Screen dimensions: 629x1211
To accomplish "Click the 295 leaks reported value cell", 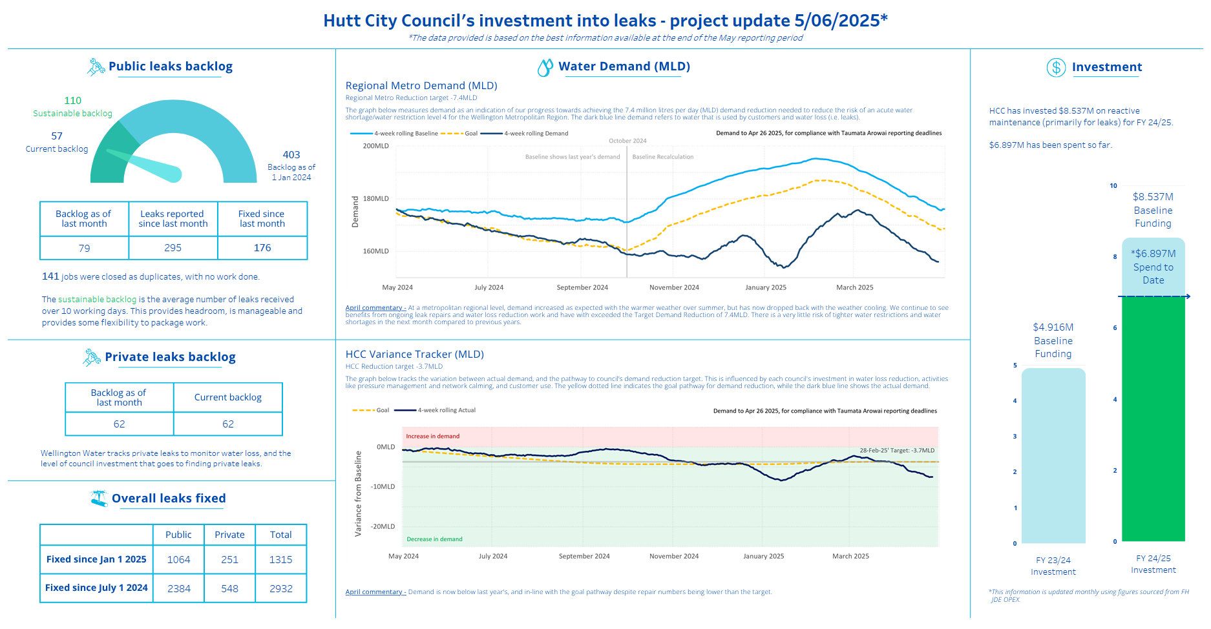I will pyautogui.click(x=173, y=248).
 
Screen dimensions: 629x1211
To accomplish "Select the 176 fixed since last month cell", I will pyautogui.click(x=262, y=248).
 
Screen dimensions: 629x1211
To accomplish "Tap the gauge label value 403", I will pyautogui.click(x=291, y=155).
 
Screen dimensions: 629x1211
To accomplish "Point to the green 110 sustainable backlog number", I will pyautogui.click(x=73, y=101).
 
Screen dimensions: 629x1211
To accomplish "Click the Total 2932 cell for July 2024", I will pyautogui.click(x=281, y=589).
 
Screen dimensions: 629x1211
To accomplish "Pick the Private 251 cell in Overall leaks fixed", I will pyautogui.click(x=229, y=560).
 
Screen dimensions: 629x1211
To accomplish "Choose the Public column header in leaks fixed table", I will pyautogui.click(x=178, y=535).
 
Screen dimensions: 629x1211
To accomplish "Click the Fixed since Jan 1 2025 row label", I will pyautogui.click(x=96, y=559).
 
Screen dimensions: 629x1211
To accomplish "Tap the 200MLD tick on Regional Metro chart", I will pyautogui.click(x=375, y=146).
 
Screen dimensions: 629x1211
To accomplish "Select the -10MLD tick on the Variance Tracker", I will pyautogui.click(x=383, y=487).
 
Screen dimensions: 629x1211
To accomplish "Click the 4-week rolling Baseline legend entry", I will pyautogui.click(x=394, y=134).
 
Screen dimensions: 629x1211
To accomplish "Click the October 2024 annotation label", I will pyautogui.click(x=627, y=141).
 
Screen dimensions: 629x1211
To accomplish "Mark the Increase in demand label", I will pyautogui.click(x=432, y=437).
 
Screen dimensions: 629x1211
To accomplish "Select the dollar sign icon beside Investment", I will pyautogui.click(x=1056, y=67).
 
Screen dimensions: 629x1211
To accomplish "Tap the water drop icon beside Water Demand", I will pyautogui.click(x=545, y=67).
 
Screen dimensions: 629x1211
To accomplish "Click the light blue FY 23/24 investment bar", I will pyautogui.click(x=1053, y=456).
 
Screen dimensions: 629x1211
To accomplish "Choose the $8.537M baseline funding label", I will pyautogui.click(x=1153, y=197).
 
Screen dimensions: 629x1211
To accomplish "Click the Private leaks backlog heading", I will pyautogui.click(x=170, y=357).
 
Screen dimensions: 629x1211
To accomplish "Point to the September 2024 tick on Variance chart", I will pyautogui.click(x=584, y=556).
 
